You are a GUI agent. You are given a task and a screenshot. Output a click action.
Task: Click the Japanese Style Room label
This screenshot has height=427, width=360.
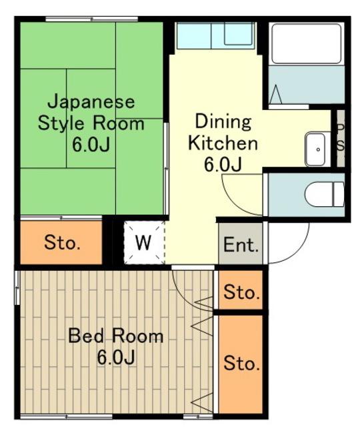[x=91, y=123]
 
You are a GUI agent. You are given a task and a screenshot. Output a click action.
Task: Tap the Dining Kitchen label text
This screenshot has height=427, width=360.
[x=223, y=132]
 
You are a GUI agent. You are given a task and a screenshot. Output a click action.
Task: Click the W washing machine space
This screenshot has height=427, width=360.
[x=144, y=243]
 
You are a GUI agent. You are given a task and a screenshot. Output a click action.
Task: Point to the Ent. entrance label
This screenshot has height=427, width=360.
[x=241, y=244]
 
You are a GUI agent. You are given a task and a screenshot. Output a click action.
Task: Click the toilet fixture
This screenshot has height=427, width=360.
[x=325, y=194]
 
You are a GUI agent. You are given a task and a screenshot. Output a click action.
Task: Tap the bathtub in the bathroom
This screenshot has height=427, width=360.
[x=307, y=44]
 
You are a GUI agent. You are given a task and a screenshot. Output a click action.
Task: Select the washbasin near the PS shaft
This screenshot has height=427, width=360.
[x=315, y=149]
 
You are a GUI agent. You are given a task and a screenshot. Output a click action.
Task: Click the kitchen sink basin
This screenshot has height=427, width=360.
[x=238, y=33]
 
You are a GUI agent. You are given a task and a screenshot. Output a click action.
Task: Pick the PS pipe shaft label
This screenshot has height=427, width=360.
[x=341, y=138]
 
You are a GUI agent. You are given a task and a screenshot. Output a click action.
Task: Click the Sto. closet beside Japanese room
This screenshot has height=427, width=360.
[x=61, y=242]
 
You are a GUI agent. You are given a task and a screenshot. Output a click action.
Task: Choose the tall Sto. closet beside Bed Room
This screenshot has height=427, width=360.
[x=241, y=364]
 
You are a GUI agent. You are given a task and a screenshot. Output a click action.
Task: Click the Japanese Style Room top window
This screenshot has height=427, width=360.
[x=91, y=19]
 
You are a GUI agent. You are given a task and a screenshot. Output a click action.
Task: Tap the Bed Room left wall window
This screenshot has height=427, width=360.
[x=17, y=288]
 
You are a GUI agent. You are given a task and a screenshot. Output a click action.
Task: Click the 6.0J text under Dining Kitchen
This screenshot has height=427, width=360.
[x=223, y=165]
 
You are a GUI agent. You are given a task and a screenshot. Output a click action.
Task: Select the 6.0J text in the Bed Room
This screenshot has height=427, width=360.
[x=115, y=357]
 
